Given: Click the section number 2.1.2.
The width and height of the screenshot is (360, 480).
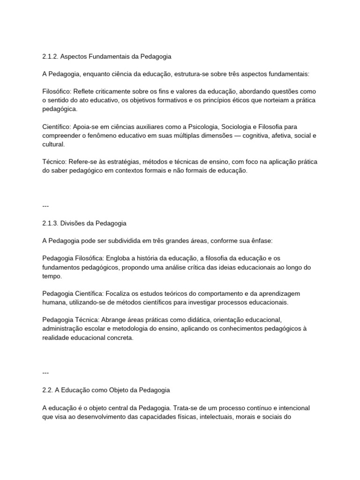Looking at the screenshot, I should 50,57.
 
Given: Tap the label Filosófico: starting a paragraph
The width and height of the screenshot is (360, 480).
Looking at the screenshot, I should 57,91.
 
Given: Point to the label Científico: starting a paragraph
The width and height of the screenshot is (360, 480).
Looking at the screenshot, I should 57,127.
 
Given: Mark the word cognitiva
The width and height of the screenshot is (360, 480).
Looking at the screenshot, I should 269,136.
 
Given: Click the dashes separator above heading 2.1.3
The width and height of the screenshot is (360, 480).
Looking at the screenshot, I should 45,206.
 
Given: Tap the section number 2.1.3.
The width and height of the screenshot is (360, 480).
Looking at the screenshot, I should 50,223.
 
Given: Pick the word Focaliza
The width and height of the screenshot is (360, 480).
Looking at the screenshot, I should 120,293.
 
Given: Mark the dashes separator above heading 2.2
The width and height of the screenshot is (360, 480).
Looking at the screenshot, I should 45,373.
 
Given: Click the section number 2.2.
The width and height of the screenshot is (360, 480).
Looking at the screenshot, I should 47,390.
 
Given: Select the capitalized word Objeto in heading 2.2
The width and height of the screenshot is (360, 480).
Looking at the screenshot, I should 109,390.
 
